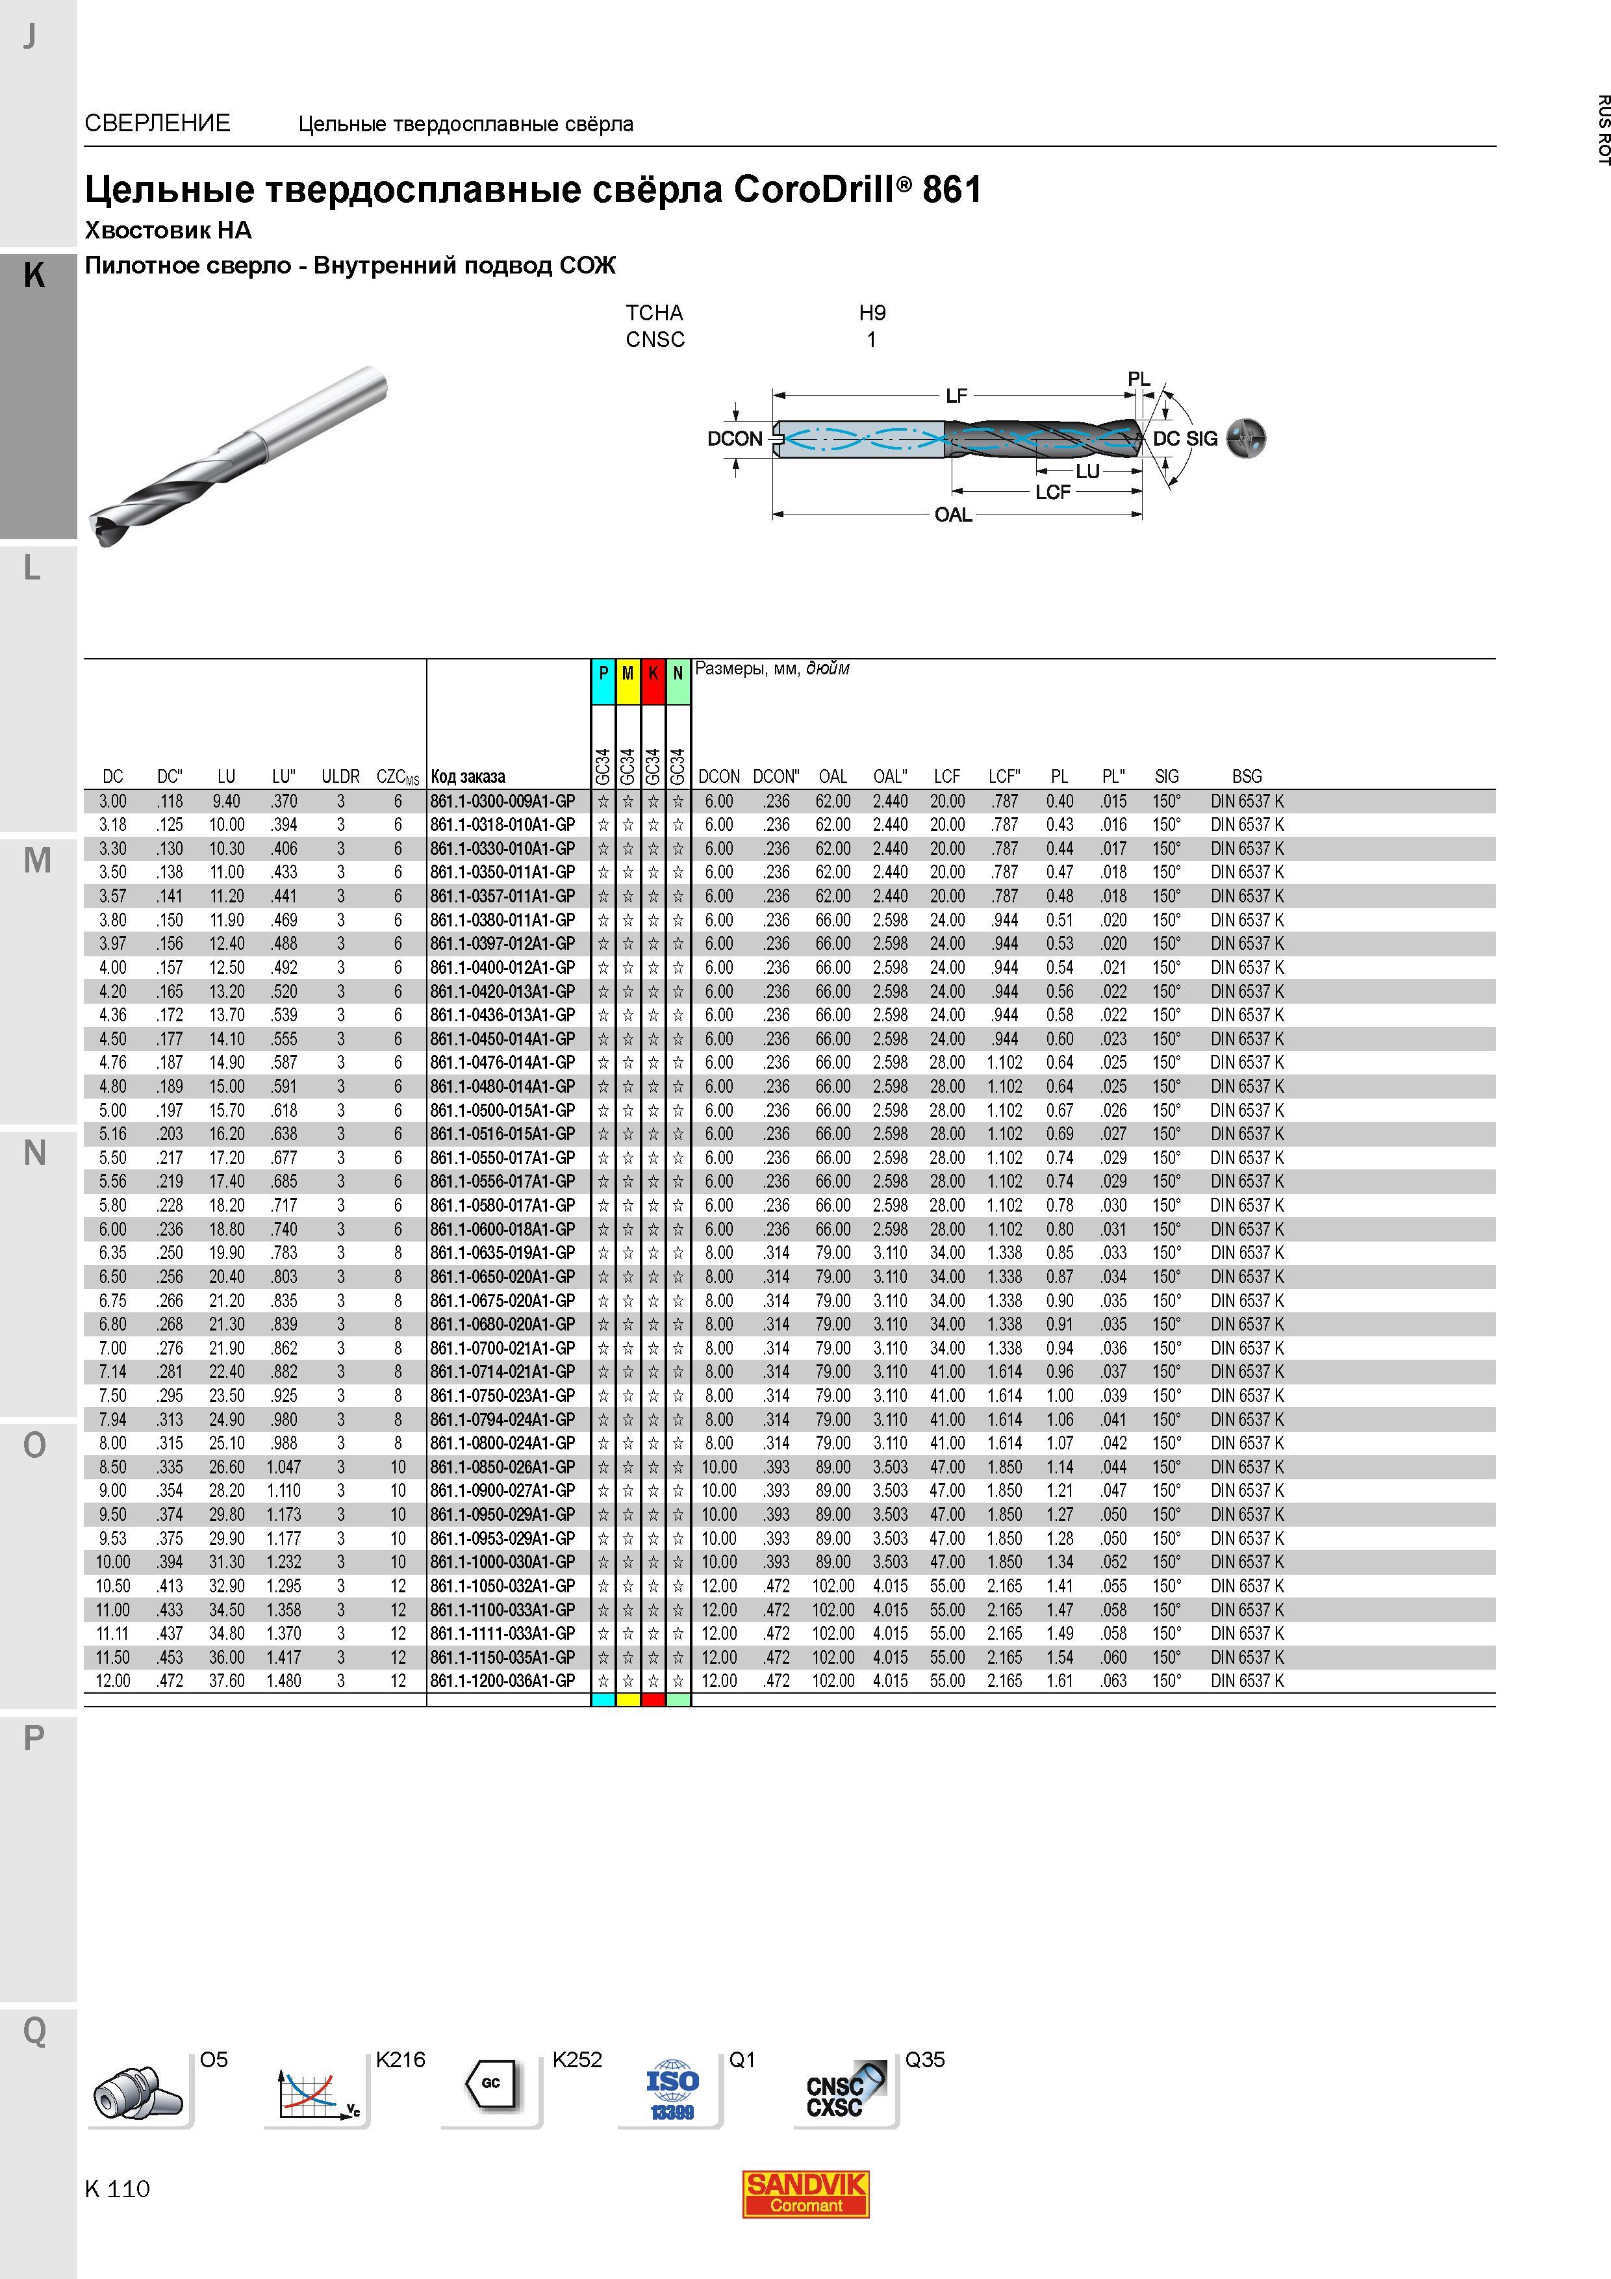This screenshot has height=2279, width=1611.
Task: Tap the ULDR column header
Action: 340,776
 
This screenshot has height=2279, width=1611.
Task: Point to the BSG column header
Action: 1247,776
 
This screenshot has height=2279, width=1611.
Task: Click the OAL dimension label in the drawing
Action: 953,515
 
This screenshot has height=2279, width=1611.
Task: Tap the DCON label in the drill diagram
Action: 735,439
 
